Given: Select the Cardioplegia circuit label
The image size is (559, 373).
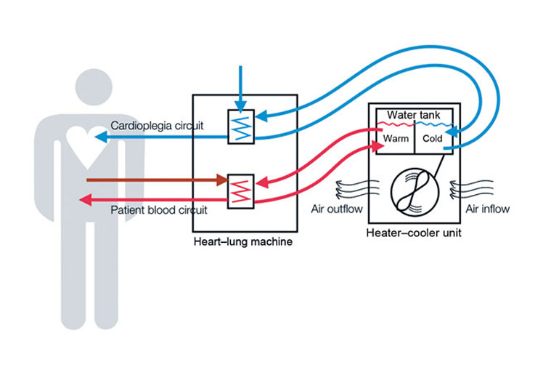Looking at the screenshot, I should [x=157, y=126].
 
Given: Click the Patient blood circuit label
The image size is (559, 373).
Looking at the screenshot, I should [x=159, y=210].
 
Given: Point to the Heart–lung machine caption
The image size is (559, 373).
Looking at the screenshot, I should [x=243, y=241].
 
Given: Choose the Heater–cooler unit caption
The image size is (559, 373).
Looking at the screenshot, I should [x=415, y=233].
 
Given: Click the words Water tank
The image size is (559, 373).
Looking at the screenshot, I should [x=414, y=115].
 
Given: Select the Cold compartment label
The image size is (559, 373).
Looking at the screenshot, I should [x=433, y=138].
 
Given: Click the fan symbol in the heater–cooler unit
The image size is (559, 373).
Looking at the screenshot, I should [x=415, y=190].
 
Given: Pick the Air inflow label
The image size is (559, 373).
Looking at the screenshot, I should [x=486, y=209].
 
